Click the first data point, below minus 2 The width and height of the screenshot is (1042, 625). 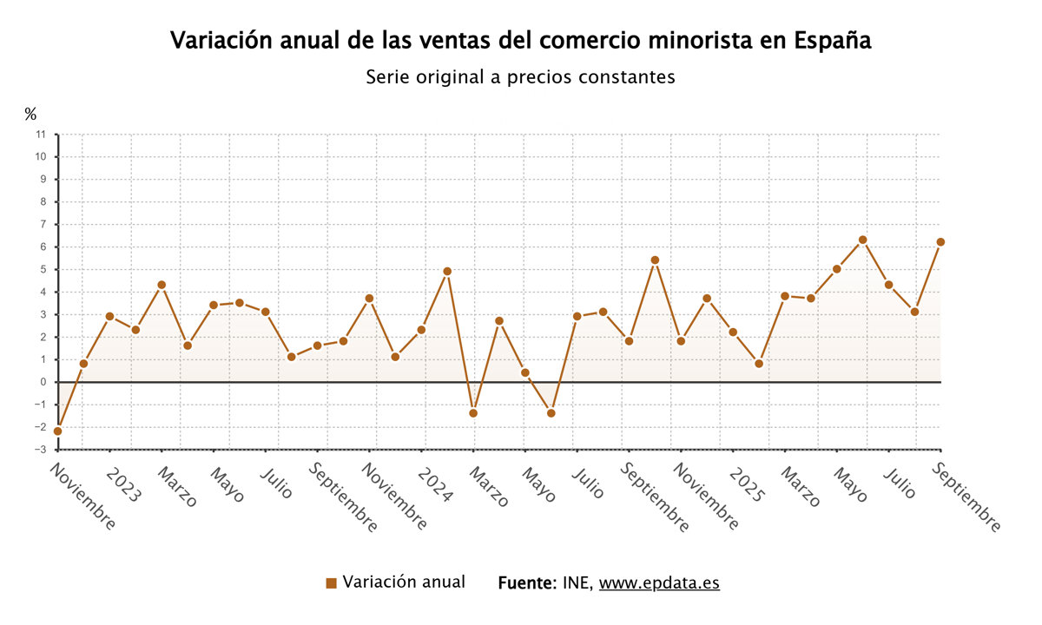[x=57, y=431]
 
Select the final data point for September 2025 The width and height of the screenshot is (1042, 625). [x=940, y=242]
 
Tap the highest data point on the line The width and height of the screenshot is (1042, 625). [x=862, y=240]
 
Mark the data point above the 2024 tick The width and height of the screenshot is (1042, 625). [x=421, y=330]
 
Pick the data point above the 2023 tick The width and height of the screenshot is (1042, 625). [x=109, y=316]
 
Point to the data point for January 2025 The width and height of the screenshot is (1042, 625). [x=733, y=332]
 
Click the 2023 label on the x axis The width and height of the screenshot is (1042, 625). [x=122, y=486]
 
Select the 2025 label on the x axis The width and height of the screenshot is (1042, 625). [x=747, y=486]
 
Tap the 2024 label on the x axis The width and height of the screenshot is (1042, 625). [x=435, y=486]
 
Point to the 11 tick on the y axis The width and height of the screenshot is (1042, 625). [x=41, y=135]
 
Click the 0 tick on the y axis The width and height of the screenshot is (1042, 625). [x=43, y=382]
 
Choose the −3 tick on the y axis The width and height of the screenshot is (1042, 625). [x=40, y=450]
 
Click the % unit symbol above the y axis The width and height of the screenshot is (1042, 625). [x=30, y=114]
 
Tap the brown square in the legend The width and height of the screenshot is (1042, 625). [x=331, y=583]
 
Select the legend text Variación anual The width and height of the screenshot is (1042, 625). [x=404, y=582]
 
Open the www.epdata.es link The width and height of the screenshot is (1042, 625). [x=659, y=583]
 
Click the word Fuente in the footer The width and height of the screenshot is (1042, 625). [x=526, y=583]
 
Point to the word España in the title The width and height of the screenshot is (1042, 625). [x=833, y=42]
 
